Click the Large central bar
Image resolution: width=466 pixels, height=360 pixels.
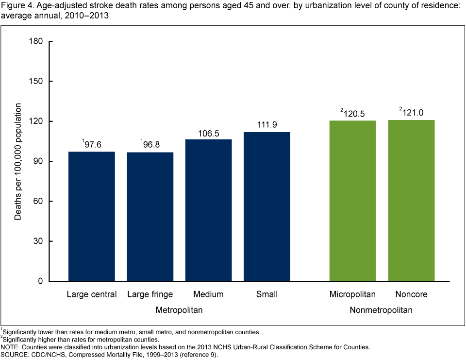pos(92,216)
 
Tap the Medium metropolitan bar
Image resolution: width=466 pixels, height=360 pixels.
pos(208,210)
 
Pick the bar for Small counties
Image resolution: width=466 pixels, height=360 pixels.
pos(267,206)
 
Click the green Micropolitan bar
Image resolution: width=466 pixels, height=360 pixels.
pos(352,201)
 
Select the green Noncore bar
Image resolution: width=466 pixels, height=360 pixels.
pos(411,200)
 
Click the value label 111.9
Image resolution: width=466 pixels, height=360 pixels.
pos(267,125)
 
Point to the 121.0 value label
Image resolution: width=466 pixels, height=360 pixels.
pos(413,113)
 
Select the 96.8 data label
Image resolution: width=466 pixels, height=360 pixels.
pos(151,145)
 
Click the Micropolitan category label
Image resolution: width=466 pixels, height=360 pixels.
pos(352,294)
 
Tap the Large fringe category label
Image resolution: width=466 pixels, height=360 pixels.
pos(150,294)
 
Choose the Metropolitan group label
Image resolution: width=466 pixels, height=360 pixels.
pos(179,309)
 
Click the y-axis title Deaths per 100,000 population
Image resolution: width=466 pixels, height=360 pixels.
pos(18,161)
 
